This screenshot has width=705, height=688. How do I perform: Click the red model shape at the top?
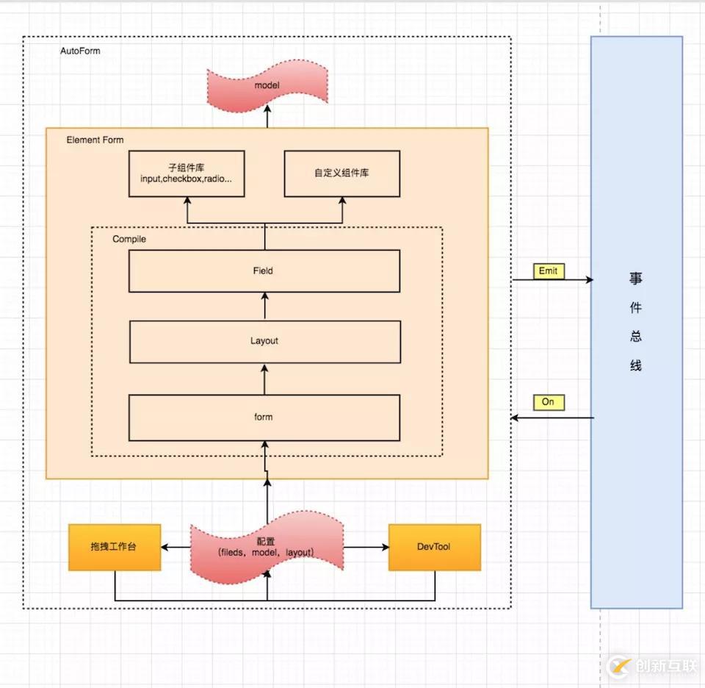[267, 85]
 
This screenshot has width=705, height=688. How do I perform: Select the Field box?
[264, 271]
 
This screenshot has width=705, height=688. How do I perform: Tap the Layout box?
[265, 342]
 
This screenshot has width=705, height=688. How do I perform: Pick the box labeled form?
[264, 418]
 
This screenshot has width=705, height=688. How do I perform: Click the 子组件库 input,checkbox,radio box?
[187, 173]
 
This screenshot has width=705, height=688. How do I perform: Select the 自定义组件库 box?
[342, 173]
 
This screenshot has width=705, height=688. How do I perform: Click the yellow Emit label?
[549, 271]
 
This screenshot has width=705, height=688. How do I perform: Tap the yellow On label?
[549, 402]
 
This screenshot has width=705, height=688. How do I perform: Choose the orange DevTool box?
[435, 547]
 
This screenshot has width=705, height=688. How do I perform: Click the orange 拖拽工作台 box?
[115, 547]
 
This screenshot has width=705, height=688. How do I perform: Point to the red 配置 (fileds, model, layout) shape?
[267, 547]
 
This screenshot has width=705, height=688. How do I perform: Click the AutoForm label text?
[81, 51]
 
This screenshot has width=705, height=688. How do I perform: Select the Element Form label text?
[95, 140]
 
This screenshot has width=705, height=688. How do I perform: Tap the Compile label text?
[129, 239]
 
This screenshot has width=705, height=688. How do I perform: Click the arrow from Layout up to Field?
[265, 306]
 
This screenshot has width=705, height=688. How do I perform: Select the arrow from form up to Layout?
[264, 379]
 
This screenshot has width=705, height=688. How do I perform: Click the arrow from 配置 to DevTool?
[366, 547]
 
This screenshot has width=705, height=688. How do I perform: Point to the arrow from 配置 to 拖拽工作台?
[176, 547]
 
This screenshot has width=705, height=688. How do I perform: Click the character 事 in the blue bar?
[636, 279]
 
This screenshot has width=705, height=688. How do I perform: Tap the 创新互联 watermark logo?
[652, 666]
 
